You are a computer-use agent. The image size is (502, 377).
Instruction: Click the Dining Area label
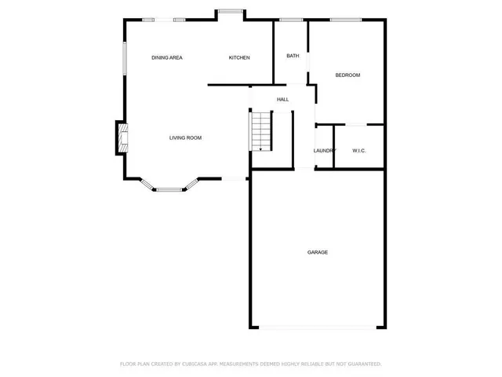(167, 57)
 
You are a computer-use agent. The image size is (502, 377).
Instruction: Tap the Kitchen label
(239, 57)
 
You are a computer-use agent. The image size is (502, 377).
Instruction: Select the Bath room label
(293, 56)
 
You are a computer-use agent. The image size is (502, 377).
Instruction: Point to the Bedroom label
(347, 75)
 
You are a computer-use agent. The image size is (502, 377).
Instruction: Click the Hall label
(282, 100)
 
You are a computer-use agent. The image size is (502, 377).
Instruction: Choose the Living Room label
(186, 137)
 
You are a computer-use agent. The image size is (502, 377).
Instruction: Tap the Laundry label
(324, 151)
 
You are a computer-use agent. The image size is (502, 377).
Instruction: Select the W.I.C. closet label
(359, 151)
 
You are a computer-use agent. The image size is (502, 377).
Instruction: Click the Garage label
(318, 252)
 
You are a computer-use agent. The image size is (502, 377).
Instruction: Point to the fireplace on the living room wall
(122, 137)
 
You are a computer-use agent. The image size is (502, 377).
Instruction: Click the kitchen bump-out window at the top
(231, 11)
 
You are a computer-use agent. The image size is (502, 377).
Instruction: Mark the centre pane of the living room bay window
(169, 189)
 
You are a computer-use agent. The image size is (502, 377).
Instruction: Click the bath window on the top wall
(291, 20)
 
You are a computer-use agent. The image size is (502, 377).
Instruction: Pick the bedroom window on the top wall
(340, 20)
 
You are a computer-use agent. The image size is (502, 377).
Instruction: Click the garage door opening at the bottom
(317, 326)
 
